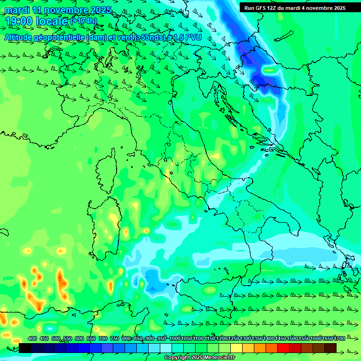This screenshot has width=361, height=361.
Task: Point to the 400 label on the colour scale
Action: tap(32, 338)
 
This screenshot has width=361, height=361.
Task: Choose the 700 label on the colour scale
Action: tap(102, 338)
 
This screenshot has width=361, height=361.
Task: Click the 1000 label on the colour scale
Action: tap(174, 338)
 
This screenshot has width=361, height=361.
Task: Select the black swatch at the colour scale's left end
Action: tap(25, 348)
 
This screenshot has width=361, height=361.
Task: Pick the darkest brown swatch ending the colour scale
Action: tap(330, 348)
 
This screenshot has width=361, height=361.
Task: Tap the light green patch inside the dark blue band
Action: tap(270, 71)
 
